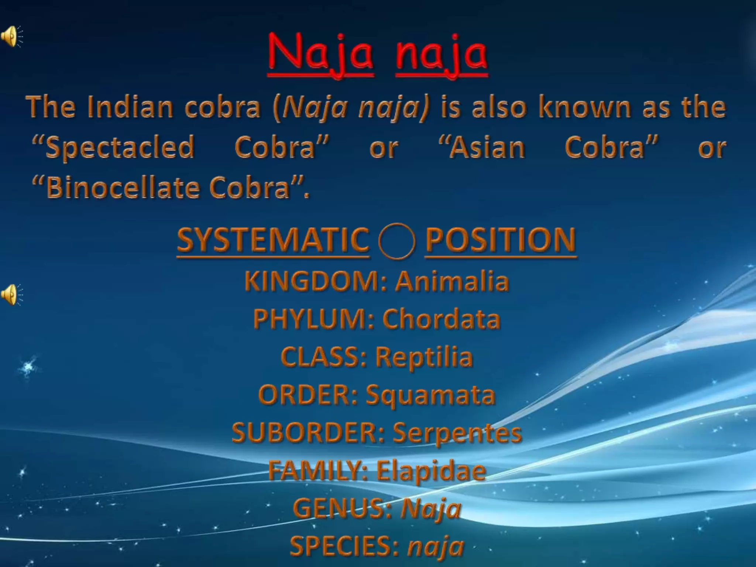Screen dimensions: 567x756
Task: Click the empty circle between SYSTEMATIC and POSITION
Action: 396,242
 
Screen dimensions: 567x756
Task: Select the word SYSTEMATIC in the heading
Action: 273,240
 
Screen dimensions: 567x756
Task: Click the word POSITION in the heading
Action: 501,240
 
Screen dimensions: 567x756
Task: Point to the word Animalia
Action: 452,281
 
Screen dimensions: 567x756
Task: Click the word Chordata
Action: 441,319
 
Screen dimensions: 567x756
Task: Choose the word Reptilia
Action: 424,357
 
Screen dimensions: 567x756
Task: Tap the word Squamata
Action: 430,395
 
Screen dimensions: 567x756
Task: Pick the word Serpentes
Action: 457,433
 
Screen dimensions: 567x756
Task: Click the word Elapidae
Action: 431,471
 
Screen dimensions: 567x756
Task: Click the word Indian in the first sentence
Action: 130,107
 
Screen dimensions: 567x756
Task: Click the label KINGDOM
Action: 315,281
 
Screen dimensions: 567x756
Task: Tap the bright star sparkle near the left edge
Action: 28,367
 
